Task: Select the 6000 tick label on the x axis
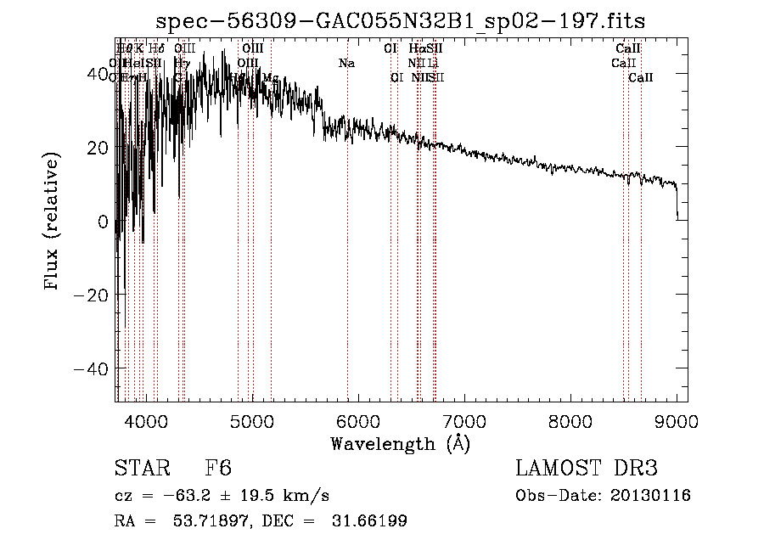[x=357, y=421]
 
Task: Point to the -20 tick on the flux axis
[x=90, y=295]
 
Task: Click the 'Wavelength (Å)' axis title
[x=400, y=443]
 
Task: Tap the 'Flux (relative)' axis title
[x=53, y=222]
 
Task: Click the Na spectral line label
[x=346, y=63]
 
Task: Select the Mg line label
[x=270, y=77]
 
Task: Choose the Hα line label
[x=416, y=49]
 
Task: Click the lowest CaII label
[x=641, y=77]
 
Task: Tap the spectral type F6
[x=218, y=469]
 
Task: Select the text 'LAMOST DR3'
[x=587, y=469]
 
